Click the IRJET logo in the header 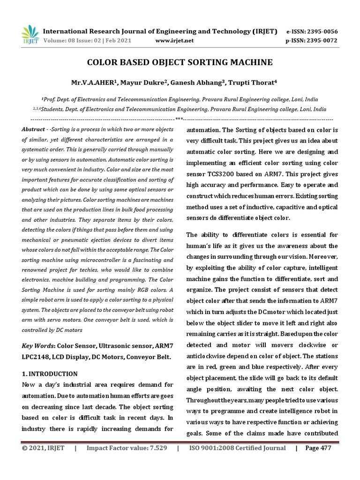pyautogui.click(x=30, y=35)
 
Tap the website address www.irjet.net pyautogui.click(x=174, y=41)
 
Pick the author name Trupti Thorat pyautogui.click(x=251, y=83)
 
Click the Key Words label pyautogui.click(x=38, y=346)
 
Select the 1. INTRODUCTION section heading pyautogui.click(x=50, y=374)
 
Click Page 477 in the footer pyautogui.click(x=318, y=448)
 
